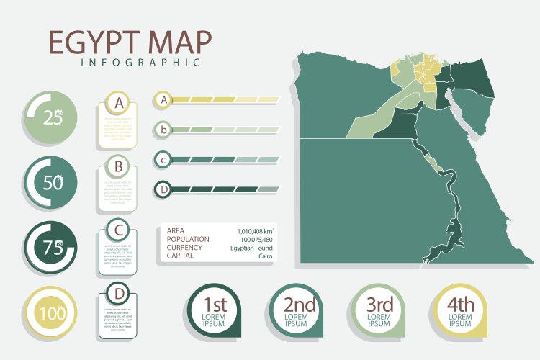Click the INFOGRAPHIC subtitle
tap(140, 63)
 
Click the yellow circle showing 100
tap(52, 313)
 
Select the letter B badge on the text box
tap(120, 168)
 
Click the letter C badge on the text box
tap(120, 231)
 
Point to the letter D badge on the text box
tap(120, 294)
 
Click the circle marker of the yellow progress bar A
tap(164, 100)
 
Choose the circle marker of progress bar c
tap(164, 160)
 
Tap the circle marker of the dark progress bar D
tap(164, 189)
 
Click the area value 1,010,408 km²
tap(254, 231)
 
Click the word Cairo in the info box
tap(265, 256)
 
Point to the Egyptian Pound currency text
tap(251, 248)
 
